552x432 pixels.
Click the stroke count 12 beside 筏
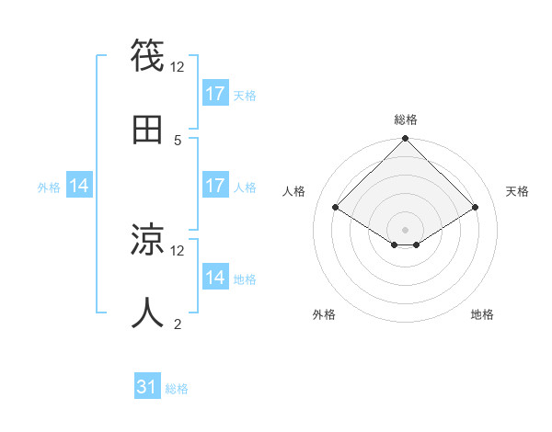(x=178, y=67)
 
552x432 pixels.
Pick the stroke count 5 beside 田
(x=178, y=140)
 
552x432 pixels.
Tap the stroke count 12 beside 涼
(x=178, y=251)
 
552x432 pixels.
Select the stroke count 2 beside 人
(x=178, y=324)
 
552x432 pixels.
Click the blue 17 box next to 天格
(x=215, y=94)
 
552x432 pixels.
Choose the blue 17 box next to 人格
(x=215, y=186)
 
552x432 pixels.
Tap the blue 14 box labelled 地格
(x=215, y=278)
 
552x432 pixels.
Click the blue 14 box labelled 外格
(x=79, y=186)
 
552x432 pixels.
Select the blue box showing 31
(x=147, y=388)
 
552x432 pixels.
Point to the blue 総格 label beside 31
(x=177, y=389)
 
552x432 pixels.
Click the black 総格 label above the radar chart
(x=406, y=119)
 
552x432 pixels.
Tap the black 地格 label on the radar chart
(x=482, y=314)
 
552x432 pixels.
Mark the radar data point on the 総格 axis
(x=406, y=139)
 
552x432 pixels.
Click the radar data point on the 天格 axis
(x=476, y=208)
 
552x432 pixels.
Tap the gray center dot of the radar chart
(x=406, y=229)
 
